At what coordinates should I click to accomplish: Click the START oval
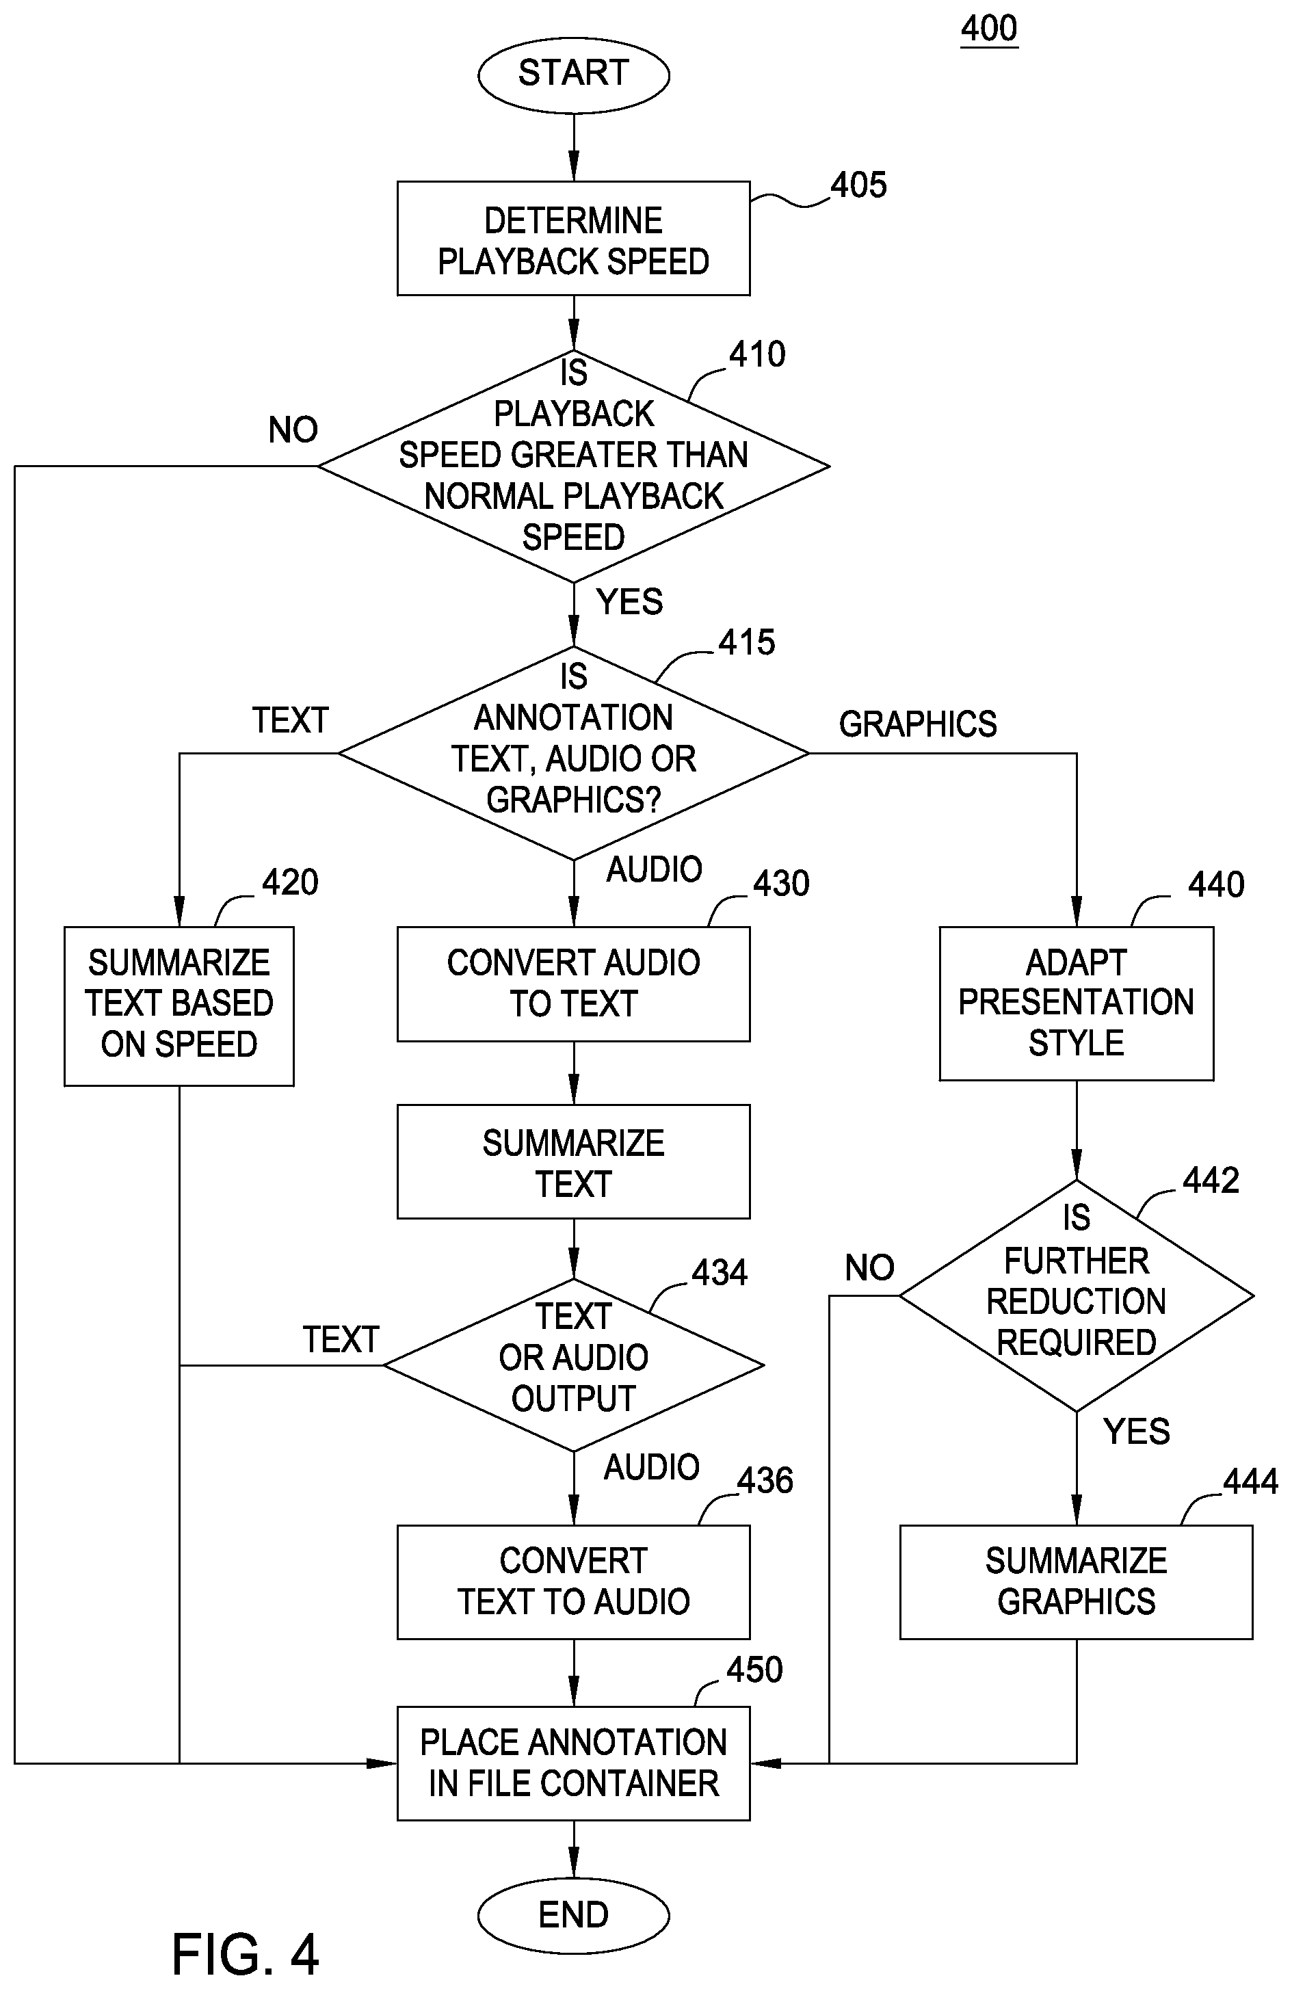pos(573,75)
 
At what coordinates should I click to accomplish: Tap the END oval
pos(573,1914)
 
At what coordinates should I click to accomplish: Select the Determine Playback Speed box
pos(573,238)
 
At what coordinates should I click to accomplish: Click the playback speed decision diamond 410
pos(573,466)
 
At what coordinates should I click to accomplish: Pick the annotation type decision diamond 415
pos(573,753)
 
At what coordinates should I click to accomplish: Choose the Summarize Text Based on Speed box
pos(179,1006)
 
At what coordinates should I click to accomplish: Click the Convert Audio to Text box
pos(573,984)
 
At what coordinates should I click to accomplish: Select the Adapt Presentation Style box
pos(1077,1003)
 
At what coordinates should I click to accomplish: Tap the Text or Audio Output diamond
pos(573,1366)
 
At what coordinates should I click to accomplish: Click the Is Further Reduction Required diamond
pos(1077,1296)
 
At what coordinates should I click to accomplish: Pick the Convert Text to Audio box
pos(573,1582)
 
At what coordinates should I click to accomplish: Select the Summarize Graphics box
pos(1077,1582)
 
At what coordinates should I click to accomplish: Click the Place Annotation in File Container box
pos(573,1763)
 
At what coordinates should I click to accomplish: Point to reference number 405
pos(858,185)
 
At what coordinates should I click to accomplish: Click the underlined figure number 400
pos(988,29)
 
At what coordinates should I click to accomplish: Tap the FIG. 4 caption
pos(246,1955)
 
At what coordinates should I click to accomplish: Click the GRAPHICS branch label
pos(918,724)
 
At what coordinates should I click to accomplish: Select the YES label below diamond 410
pos(629,602)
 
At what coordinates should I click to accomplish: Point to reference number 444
pos(1250,1481)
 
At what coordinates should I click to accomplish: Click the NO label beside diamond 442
pos(869,1268)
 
